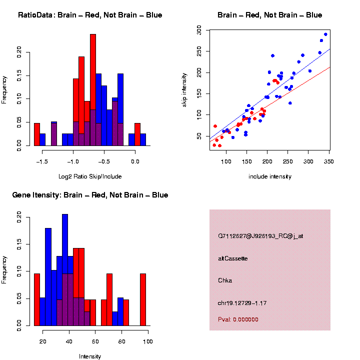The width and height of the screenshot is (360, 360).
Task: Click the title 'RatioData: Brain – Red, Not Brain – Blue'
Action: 90,15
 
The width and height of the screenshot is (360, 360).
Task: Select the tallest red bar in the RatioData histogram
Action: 93,90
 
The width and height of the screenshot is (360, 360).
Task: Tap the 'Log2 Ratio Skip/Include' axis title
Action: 90,176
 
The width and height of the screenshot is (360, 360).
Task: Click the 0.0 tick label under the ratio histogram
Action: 134,161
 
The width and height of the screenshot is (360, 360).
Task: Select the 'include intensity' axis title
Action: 270,176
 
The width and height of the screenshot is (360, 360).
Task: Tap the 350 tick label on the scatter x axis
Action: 328,161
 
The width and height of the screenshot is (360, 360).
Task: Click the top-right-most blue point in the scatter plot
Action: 325,34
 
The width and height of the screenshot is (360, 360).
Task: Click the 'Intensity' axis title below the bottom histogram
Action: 90,356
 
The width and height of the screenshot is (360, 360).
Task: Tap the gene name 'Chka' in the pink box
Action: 225,280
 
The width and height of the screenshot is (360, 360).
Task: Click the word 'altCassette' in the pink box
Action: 233,258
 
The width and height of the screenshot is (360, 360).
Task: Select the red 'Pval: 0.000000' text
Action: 238,319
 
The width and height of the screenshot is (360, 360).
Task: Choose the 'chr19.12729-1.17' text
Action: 240,302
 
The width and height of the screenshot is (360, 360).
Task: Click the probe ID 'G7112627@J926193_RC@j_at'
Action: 260,236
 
